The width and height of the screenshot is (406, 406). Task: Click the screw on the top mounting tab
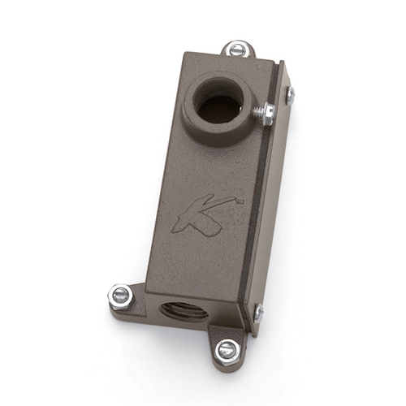(238, 49)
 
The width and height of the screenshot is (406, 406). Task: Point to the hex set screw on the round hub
(268, 114)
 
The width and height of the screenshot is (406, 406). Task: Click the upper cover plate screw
(291, 95)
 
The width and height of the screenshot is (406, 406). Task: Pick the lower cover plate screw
(259, 313)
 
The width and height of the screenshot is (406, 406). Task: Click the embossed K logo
(201, 213)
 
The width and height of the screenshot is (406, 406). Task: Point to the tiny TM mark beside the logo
(240, 201)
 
